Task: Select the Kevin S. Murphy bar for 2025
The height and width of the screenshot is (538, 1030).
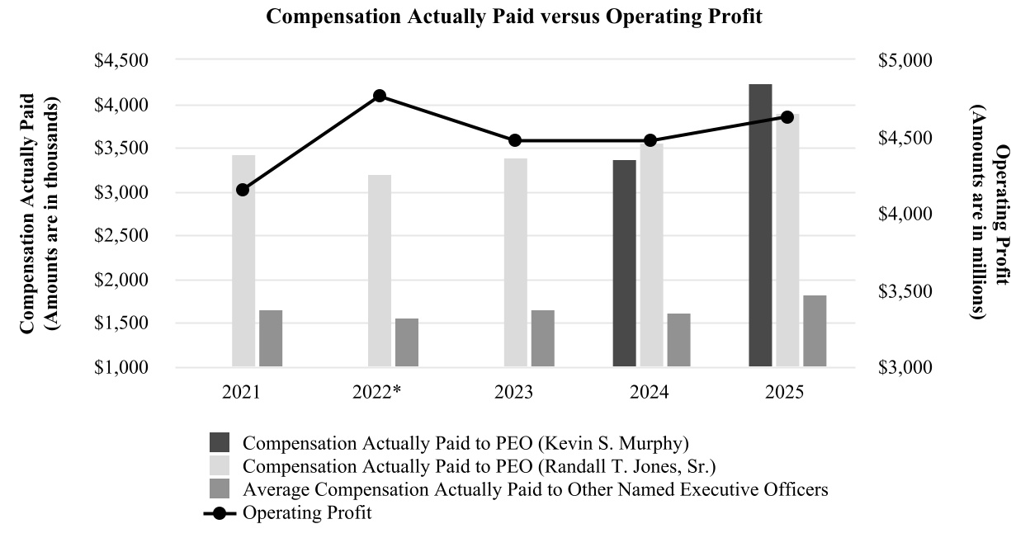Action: [x=760, y=225]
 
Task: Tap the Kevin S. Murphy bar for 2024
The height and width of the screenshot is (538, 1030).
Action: [x=624, y=263]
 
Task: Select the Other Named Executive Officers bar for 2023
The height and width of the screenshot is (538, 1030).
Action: [x=542, y=338]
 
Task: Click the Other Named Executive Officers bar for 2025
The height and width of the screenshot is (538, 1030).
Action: [x=814, y=331]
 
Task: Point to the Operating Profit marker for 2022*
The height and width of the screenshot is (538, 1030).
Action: [x=380, y=96]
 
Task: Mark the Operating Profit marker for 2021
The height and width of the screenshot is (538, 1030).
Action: [x=243, y=190]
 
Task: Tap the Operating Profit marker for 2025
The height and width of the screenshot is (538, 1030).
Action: [x=787, y=117]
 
